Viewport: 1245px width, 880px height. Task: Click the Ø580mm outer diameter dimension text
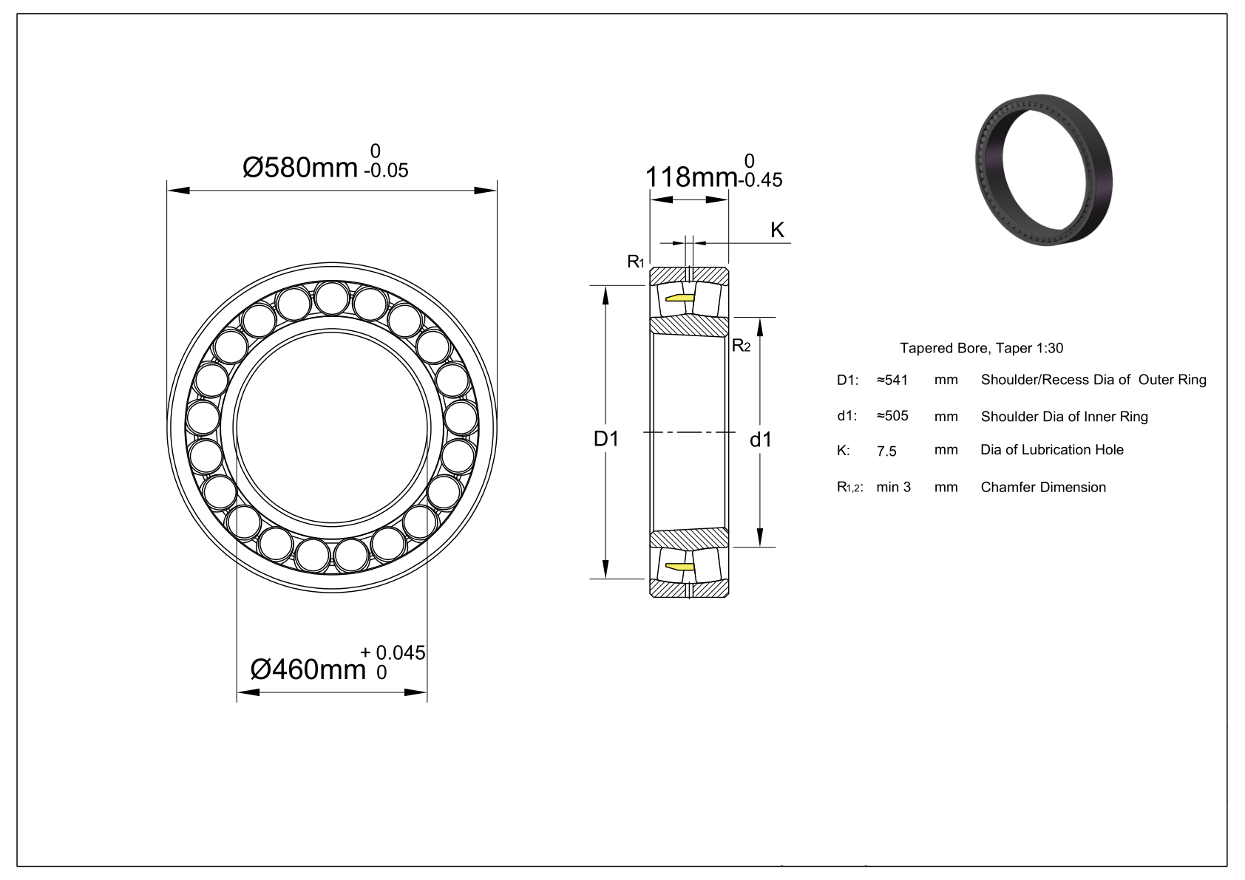[300, 167]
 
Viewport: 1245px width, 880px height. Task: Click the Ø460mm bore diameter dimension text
[308, 669]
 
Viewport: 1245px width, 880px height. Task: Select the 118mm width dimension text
[691, 177]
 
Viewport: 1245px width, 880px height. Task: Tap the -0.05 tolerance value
[386, 171]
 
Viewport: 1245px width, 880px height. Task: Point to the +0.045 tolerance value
[393, 652]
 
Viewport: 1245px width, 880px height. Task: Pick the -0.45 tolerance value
[760, 180]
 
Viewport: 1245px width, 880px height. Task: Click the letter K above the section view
[777, 230]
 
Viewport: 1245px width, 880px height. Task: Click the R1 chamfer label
[635, 261]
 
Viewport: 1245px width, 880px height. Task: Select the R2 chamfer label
[741, 346]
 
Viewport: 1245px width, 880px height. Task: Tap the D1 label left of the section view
[605, 439]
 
